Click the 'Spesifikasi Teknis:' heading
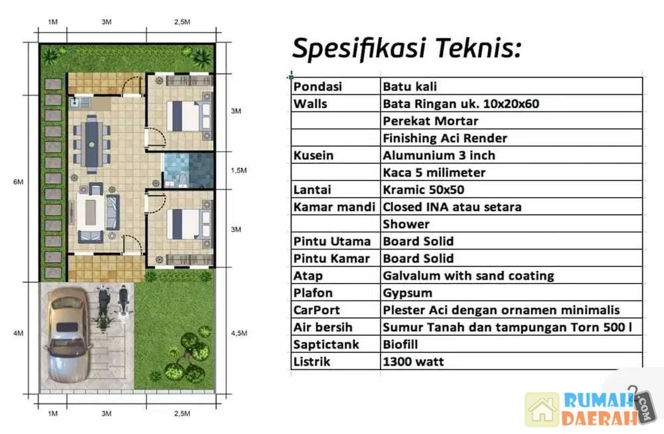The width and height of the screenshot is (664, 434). [x=406, y=48]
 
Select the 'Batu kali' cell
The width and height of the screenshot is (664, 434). [x=410, y=86]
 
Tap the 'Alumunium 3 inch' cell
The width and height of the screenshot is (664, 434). [x=439, y=155]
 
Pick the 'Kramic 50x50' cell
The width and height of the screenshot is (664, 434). [x=424, y=190]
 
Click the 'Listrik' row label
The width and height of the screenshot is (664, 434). [x=311, y=362]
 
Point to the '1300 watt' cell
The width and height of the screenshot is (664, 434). [x=413, y=362]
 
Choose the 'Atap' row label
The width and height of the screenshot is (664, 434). [x=308, y=276]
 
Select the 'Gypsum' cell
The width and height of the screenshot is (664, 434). [x=408, y=293]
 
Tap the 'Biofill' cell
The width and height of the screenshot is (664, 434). [x=400, y=344]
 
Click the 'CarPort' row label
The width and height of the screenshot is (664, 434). [x=316, y=310]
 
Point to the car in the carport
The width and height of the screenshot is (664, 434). [x=68, y=335]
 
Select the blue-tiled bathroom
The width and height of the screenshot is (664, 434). [x=189, y=170]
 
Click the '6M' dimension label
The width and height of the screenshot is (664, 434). [x=18, y=182]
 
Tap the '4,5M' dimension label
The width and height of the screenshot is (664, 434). [x=239, y=333]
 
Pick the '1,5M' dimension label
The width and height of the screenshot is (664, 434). [x=239, y=171]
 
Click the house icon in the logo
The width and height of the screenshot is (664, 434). [x=542, y=409]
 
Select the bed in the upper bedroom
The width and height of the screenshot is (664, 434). [x=189, y=115]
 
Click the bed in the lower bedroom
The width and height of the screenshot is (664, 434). [x=189, y=224]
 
